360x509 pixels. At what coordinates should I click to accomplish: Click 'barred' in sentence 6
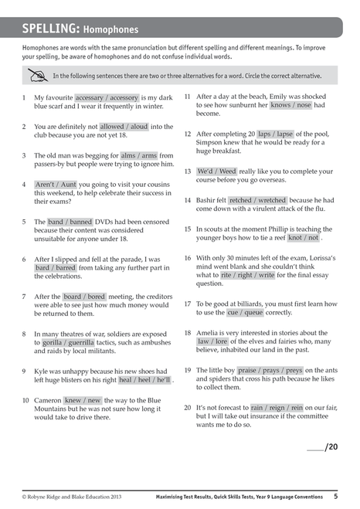click(x=66, y=268)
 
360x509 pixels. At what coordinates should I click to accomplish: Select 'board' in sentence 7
click(x=72, y=297)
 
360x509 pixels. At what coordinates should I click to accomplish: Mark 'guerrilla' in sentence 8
click(x=79, y=342)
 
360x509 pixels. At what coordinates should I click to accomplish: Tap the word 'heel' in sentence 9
click(x=144, y=380)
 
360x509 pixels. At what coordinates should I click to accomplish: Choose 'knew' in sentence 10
click(x=73, y=400)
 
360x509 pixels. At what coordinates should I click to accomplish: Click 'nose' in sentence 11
click(x=304, y=105)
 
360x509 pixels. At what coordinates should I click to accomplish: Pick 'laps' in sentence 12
click(x=264, y=134)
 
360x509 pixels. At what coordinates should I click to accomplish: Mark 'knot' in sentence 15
click(x=297, y=239)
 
